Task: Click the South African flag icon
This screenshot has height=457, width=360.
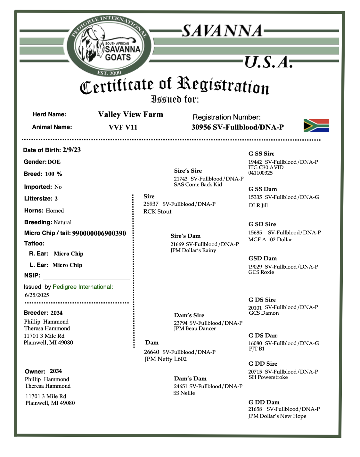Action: tap(316, 126)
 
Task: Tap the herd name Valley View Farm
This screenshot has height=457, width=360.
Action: tap(130, 114)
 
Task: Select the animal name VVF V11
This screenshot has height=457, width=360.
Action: tap(123, 127)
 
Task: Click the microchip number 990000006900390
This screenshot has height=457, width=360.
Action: tap(99, 233)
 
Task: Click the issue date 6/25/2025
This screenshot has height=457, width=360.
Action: tap(37, 295)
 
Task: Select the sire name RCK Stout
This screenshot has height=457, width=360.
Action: tap(157, 212)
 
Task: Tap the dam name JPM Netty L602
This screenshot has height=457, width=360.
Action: tap(166, 359)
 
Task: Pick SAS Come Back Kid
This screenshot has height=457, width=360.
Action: tap(198, 184)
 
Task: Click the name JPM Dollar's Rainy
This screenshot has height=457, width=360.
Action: tap(193, 250)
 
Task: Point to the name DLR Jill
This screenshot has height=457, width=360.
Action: tap(258, 205)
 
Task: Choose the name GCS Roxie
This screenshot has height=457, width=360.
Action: tap(261, 272)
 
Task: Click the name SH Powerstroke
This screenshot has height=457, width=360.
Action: tap(268, 377)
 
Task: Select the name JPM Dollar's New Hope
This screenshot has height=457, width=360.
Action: tap(277, 416)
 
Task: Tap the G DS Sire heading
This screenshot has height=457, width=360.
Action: tap(262, 300)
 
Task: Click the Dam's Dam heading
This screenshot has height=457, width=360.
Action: tap(190, 378)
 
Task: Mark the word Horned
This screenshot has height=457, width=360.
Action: tap(55, 211)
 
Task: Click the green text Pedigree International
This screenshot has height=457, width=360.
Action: tap(83, 287)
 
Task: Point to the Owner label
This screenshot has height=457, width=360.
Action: tap(35, 371)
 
